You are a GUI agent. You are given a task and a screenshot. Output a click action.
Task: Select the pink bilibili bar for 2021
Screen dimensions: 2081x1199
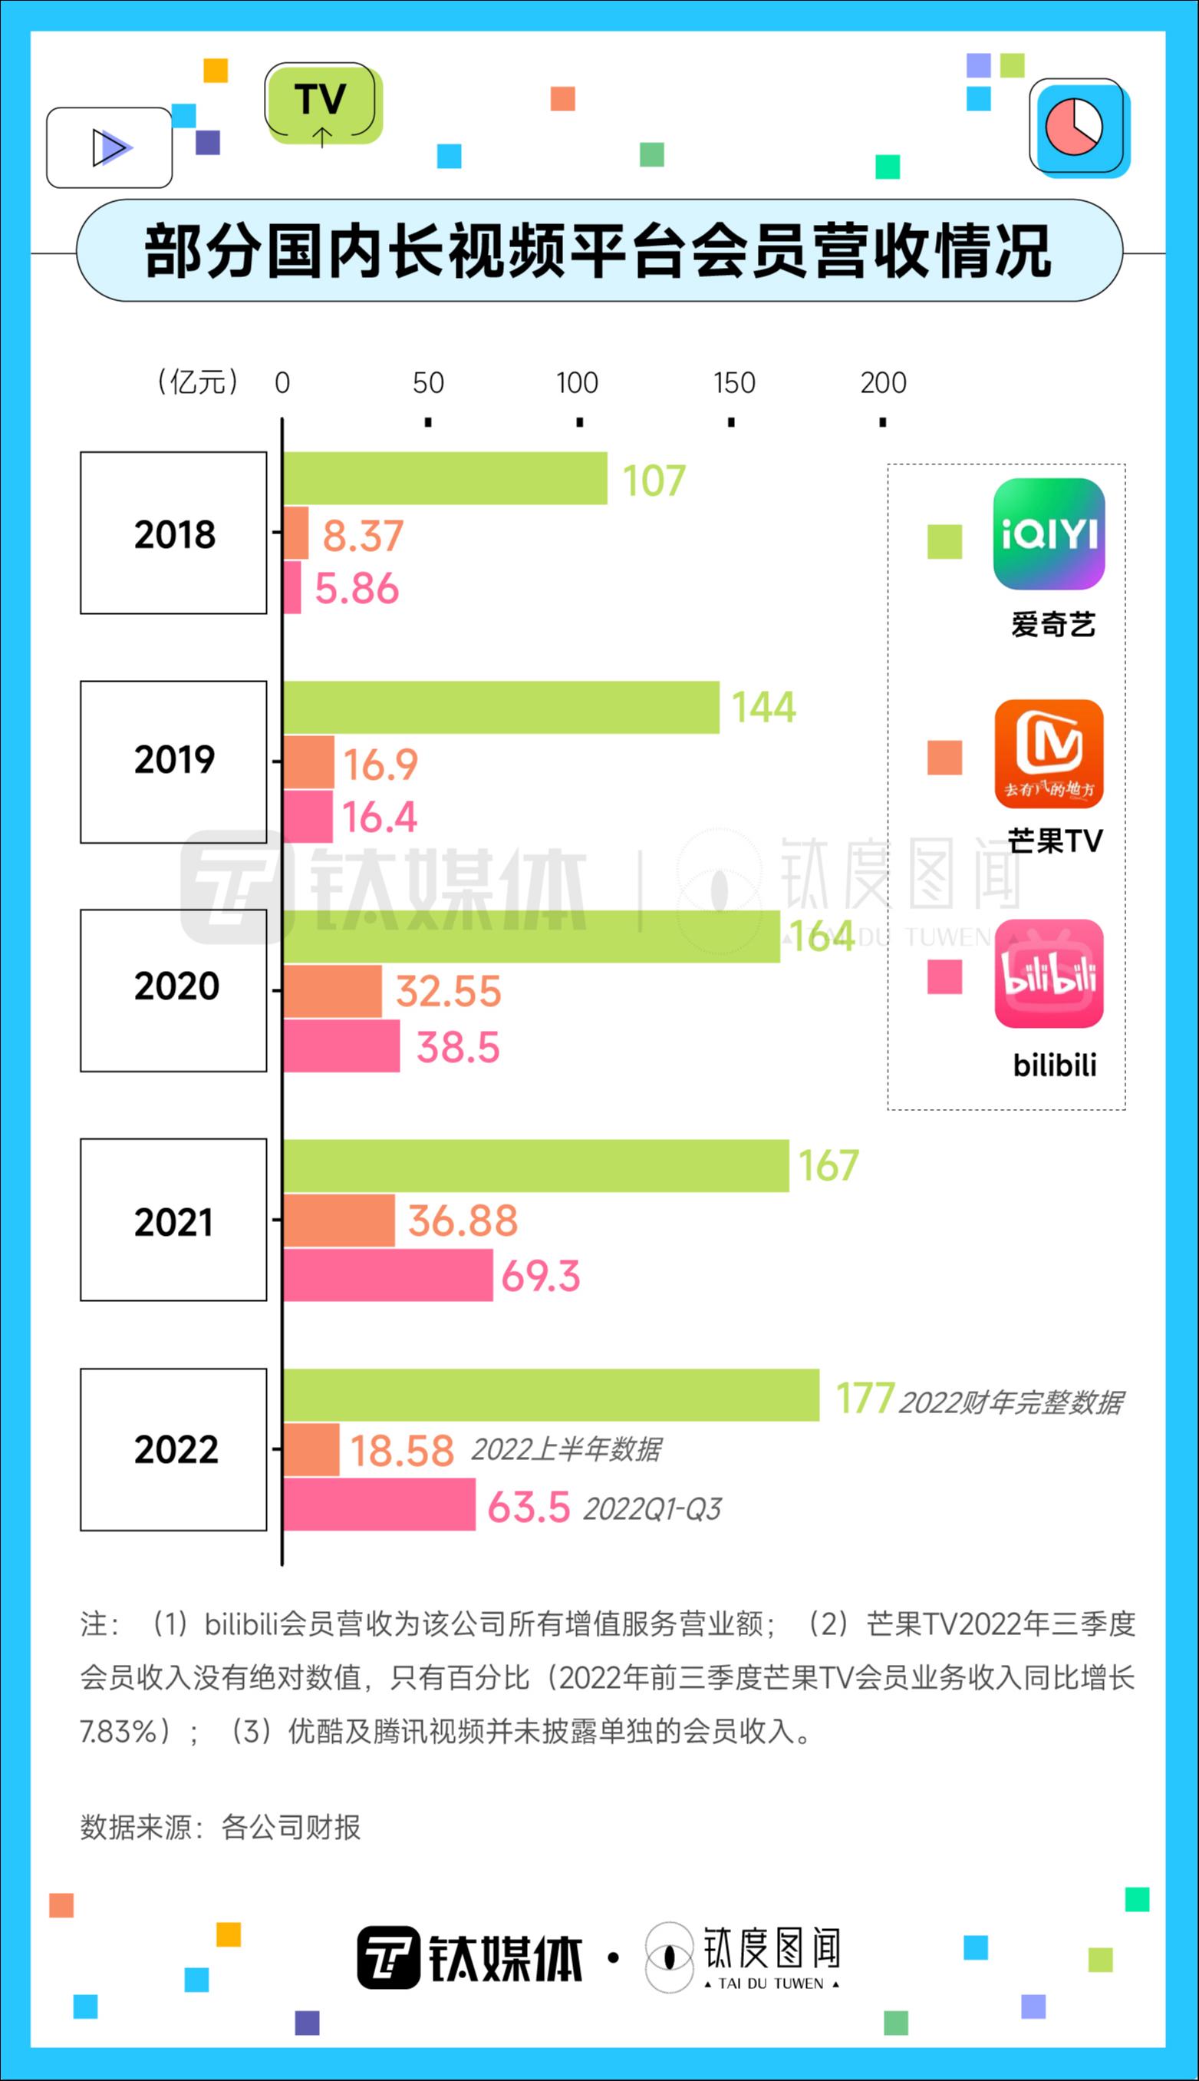tap(388, 1274)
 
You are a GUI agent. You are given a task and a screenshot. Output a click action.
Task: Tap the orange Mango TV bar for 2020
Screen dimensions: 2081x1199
tap(333, 991)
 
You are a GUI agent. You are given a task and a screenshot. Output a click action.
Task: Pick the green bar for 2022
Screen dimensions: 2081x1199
tap(551, 1395)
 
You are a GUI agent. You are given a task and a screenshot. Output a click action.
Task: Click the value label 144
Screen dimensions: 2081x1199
tap(763, 707)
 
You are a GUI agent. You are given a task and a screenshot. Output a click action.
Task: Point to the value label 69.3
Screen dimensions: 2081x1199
tap(540, 1275)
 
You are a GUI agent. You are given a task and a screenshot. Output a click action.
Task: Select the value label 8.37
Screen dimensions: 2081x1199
tap(362, 536)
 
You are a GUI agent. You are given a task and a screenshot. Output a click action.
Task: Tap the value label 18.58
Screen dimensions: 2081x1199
tap(402, 1451)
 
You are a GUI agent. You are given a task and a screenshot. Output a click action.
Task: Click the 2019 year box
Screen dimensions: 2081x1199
tap(174, 761)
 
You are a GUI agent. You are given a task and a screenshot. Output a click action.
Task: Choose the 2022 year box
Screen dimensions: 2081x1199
tap(174, 1449)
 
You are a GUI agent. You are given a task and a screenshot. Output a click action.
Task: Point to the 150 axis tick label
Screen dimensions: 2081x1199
tap(733, 382)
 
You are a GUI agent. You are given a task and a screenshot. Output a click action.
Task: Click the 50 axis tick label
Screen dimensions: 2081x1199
tap(428, 382)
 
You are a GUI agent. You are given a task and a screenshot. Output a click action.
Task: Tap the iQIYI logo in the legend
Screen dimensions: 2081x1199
tap(1049, 533)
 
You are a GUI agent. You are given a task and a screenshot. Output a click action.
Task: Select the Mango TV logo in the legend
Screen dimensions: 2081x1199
tap(1049, 754)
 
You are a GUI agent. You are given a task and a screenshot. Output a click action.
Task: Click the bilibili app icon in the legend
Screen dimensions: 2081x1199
tap(1049, 974)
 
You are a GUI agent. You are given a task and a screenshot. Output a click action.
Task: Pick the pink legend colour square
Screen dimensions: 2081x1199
tap(944, 977)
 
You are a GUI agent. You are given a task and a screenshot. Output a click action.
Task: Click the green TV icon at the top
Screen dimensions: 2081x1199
tap(323, 104)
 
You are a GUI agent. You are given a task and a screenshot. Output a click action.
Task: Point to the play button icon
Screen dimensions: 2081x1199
tap(110, 147)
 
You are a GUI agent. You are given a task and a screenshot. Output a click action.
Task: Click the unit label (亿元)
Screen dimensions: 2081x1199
tap(198, 382)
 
